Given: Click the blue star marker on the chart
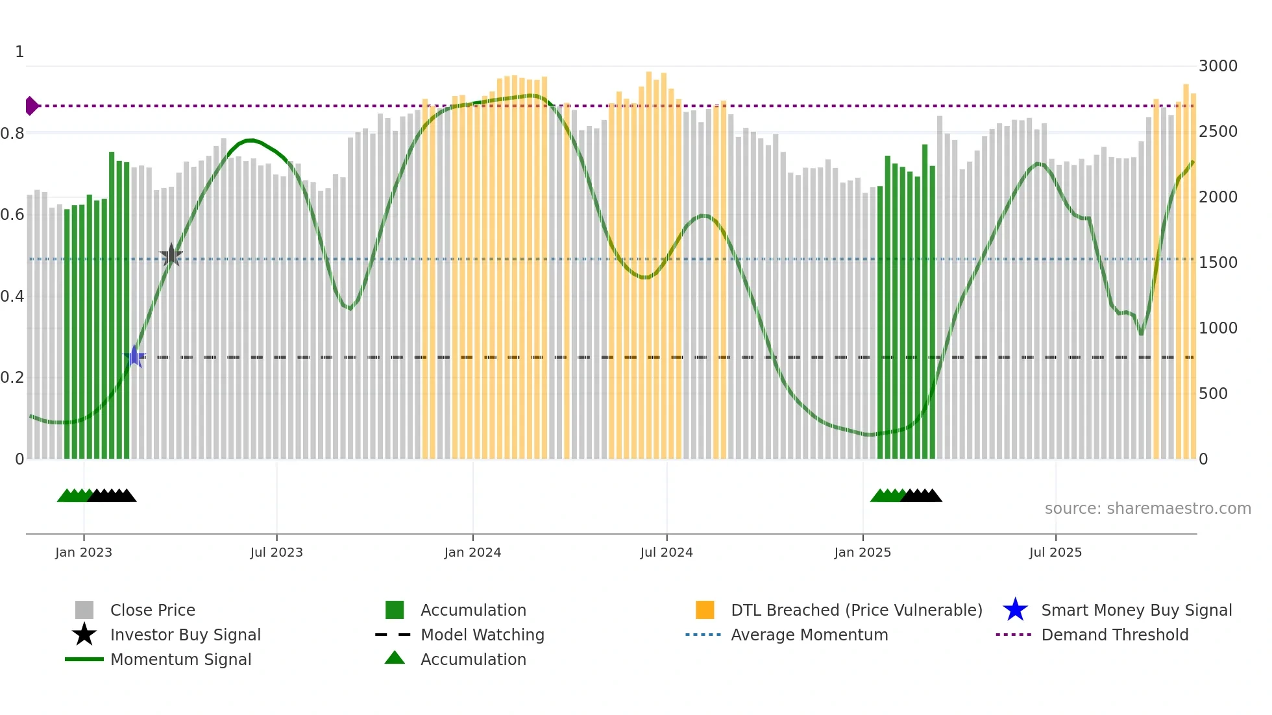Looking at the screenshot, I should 134,356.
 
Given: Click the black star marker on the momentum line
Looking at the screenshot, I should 171,255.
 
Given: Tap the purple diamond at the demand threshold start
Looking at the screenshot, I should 31,106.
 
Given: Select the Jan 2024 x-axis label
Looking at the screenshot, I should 472,552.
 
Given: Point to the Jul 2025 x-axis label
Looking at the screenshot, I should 1055,552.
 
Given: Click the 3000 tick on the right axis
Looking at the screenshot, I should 1217,66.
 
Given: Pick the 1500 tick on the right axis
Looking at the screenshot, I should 1217,263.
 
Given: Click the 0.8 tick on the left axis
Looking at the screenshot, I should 13,134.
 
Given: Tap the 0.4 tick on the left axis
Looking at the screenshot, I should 13,297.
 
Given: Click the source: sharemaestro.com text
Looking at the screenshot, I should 1147,509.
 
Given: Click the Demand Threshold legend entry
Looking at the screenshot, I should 1114,635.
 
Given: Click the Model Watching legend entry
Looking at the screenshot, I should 482,635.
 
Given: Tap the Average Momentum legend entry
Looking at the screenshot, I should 809,635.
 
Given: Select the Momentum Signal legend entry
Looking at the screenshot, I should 180,659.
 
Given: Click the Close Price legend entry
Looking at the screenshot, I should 152,610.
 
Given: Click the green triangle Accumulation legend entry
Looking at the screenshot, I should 472,659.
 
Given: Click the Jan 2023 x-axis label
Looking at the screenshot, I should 84,552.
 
